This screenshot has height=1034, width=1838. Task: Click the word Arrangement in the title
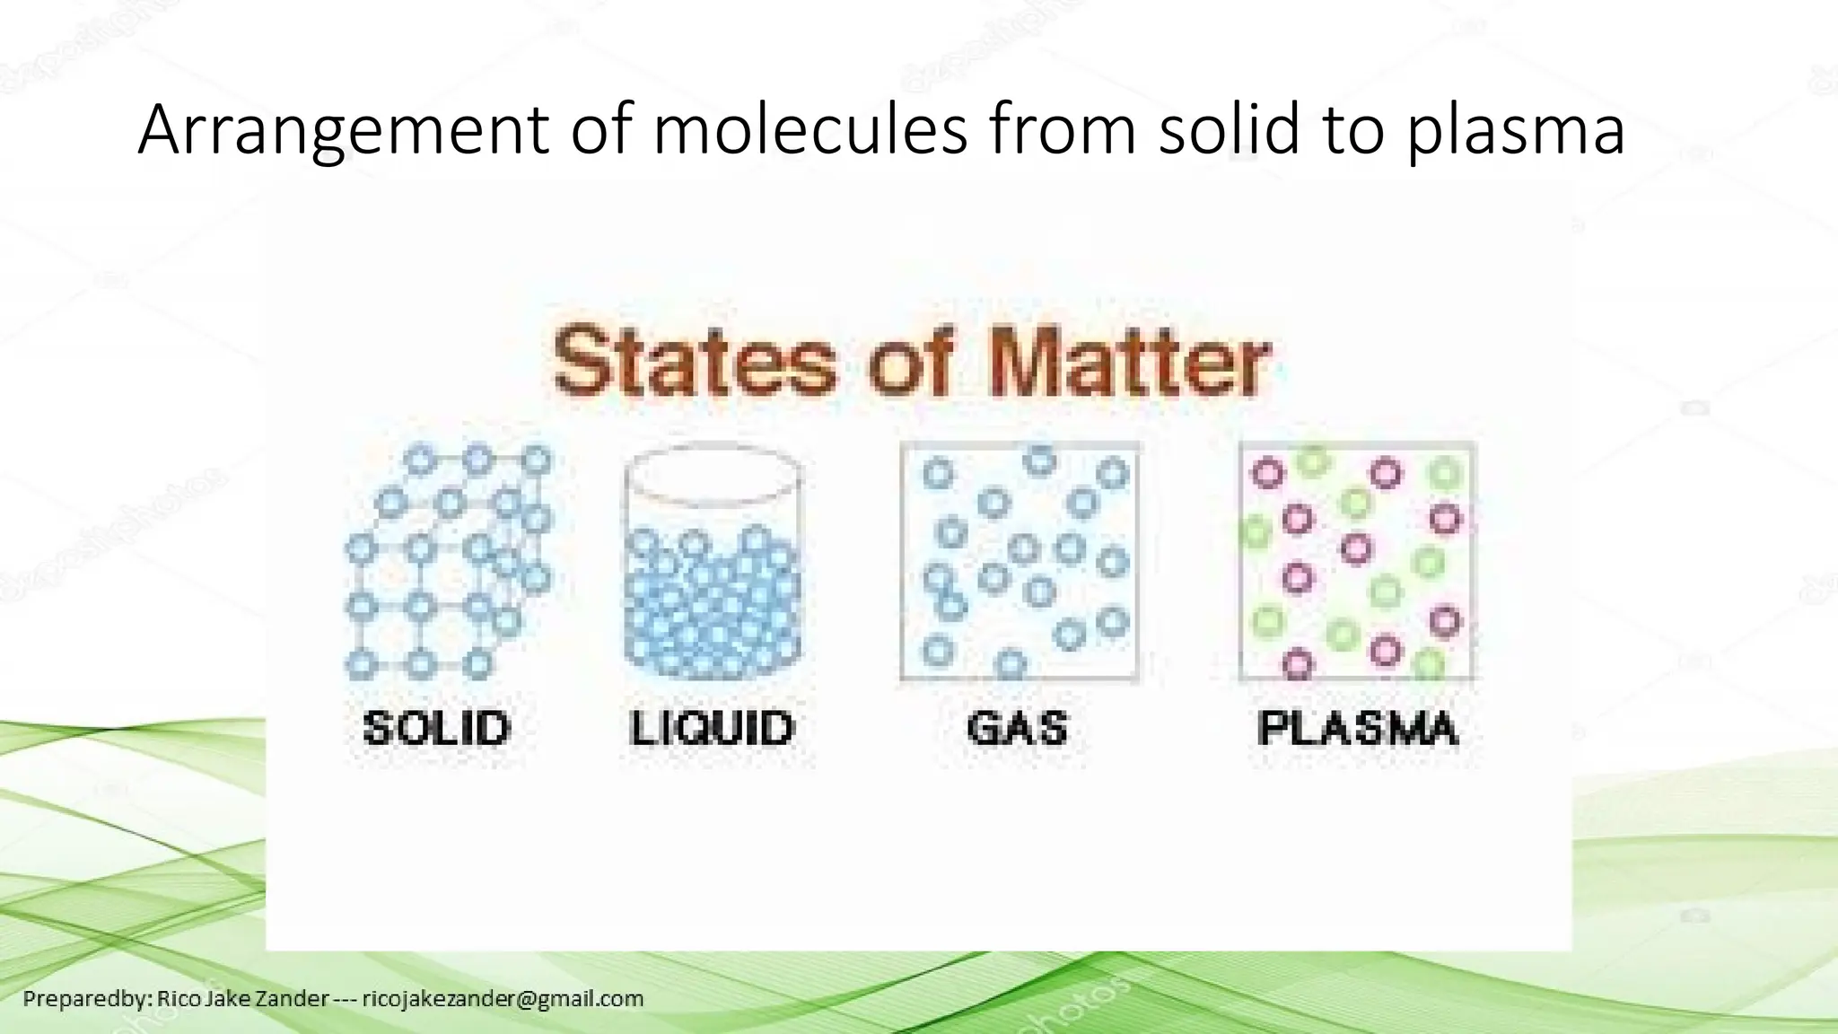[x=342, y=131]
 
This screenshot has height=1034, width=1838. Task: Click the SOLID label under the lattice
[x=437, y=727]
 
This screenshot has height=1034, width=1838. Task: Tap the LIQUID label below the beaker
[x=712, y=727]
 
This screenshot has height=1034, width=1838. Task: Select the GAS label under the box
[x=1018, y=727]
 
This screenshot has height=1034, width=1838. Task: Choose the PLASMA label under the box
[x=1358, y=727]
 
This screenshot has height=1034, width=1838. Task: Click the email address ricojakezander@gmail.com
[x=503, y=998]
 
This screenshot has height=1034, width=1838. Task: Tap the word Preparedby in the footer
[x=84, y=998]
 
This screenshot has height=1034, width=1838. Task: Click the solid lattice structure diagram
[x=447, y=561]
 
